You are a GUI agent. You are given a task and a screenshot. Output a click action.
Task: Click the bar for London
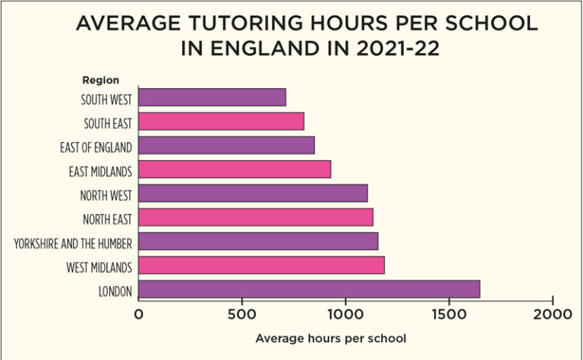(309, 289)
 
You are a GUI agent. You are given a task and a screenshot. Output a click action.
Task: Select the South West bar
(213, 97)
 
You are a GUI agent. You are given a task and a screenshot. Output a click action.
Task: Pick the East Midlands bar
(235, 169)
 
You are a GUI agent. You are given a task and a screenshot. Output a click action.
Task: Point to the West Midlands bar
(262, 265)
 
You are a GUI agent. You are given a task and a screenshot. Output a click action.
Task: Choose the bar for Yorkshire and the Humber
(258, 242)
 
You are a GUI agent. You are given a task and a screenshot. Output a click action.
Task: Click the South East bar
(222, 122)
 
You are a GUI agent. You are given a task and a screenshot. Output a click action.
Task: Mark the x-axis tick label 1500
(449, 313)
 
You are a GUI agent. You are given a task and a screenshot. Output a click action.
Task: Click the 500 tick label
(242, 313)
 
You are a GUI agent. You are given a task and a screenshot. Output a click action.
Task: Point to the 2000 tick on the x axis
(553, 313)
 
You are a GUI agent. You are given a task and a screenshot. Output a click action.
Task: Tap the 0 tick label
(139, 313)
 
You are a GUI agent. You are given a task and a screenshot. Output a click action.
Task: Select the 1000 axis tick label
(346, 313)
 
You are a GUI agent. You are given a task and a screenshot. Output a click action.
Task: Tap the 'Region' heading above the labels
(100, 80)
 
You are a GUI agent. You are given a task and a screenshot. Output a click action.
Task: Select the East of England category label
(96, 147)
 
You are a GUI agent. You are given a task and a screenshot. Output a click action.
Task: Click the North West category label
(106, 195)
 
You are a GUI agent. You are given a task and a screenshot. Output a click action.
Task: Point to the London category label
(115, 291)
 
